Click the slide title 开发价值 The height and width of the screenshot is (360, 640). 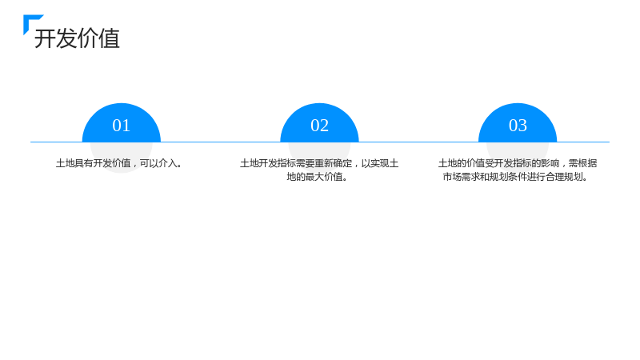pos(77,38)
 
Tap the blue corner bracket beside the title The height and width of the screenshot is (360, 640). pos(29,21)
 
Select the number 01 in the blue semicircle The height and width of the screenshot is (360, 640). pos(122,126)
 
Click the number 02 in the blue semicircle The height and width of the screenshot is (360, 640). pos(319,126)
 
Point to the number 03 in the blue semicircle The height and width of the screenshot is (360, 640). pos(518,126)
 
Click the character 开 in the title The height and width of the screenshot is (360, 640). pos(45,38)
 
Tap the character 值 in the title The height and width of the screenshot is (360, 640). pos(110,38)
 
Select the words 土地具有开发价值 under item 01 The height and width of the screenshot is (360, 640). pos(93,163)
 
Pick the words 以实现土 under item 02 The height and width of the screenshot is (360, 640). pos(380,163)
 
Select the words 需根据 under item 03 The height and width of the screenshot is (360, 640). pos(583,163)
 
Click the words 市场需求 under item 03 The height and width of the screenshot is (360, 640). pos(462,177)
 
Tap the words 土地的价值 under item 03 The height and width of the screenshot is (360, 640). pos(462,163)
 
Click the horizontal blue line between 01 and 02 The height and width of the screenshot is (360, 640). pos(221,142)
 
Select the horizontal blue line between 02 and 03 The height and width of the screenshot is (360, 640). pos(418,142)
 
